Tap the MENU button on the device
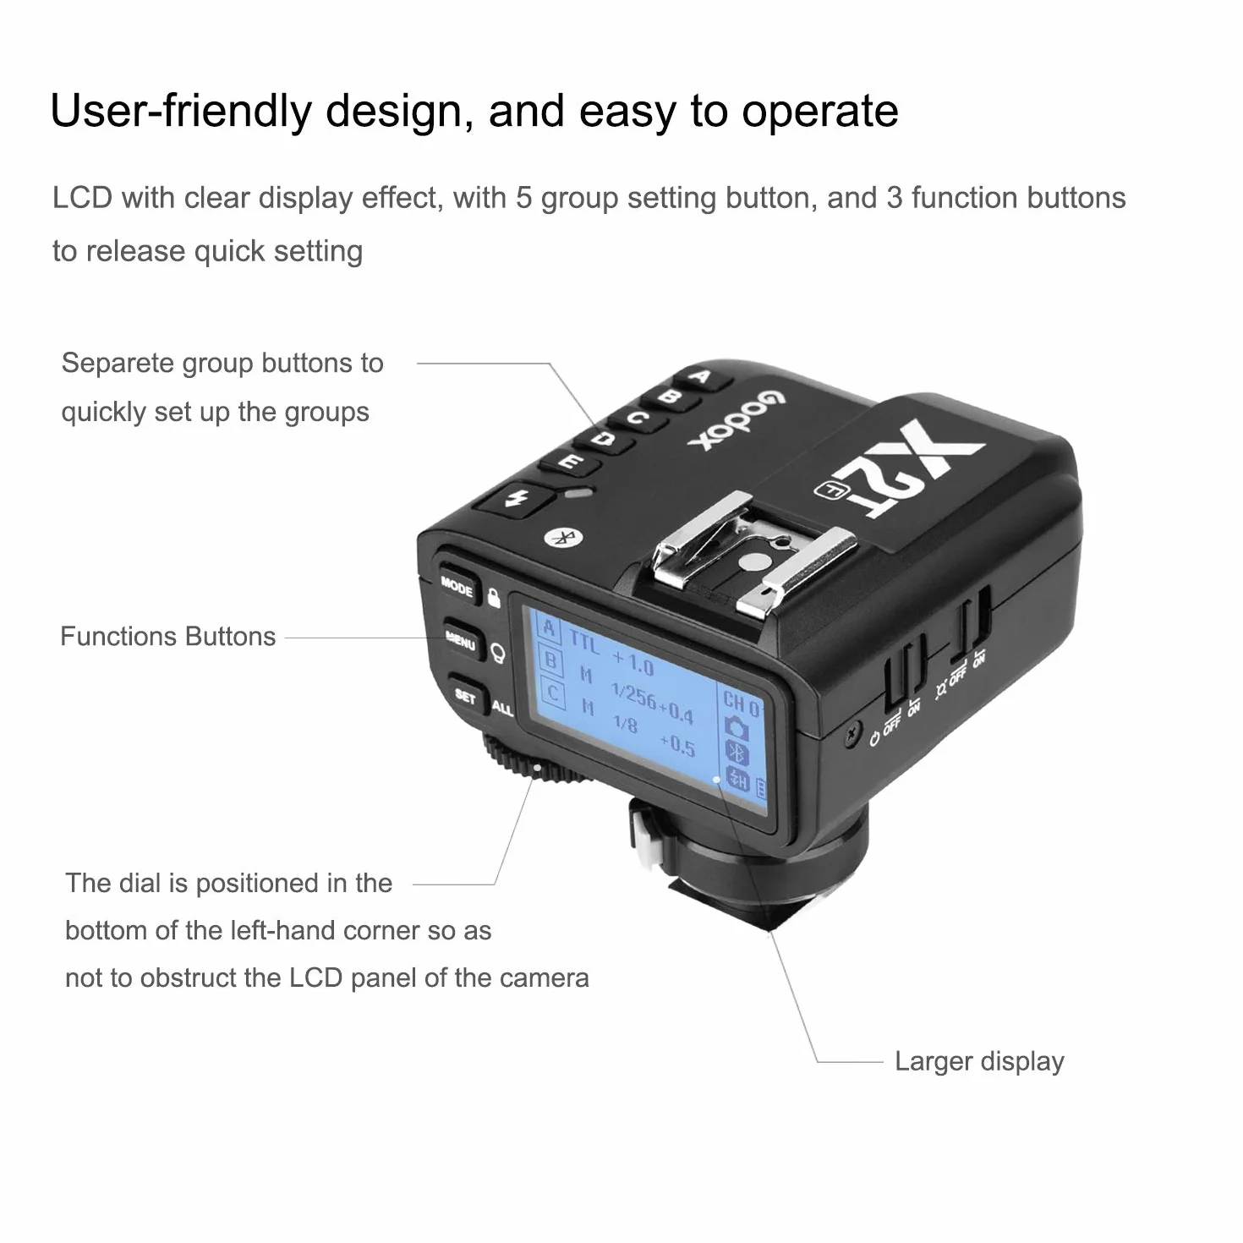click(462, 641)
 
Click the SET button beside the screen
click(466, 695)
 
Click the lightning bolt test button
click(516, 499)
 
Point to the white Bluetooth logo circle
click(564, 537)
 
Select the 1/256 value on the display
click(633, 695)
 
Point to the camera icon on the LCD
click(736, 726)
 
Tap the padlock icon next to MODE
click(494, 597)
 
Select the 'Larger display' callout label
click(979, 1061)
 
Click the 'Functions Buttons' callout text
click(167, 637)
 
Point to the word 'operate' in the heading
click(819, 112)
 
